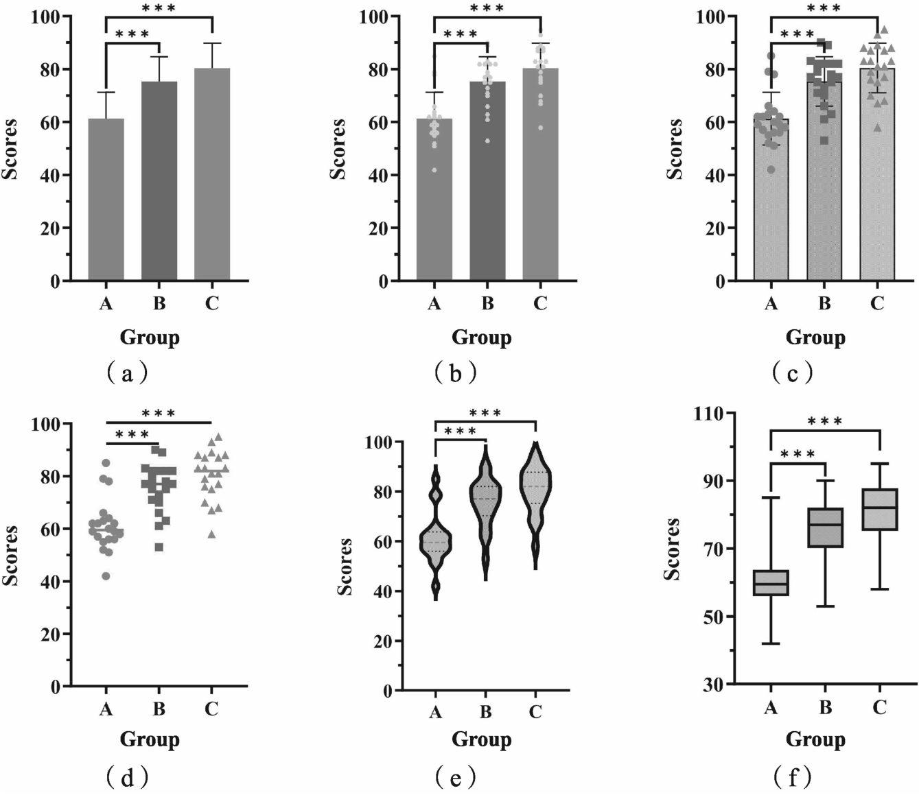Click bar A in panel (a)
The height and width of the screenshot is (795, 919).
pos(106,199)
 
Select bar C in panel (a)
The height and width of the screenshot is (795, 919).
pos(212,174)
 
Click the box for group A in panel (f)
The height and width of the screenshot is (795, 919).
pos(771,583)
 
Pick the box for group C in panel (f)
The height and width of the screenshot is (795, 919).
pos(879,510)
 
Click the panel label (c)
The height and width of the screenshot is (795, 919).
pos(792,372)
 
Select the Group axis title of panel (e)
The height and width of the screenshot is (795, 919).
pos(481,739)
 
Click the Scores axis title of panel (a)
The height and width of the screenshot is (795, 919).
pos(10,149)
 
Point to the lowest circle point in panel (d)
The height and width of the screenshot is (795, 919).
pos(106,576)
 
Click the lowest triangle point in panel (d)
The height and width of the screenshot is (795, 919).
pos(211,534)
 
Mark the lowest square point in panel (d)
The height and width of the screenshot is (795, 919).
pos(159,547)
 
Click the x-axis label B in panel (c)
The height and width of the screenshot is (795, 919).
pos(824,303)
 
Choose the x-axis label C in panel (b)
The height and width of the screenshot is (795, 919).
pos(540,303)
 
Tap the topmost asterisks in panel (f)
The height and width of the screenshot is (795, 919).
pos(825,421)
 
